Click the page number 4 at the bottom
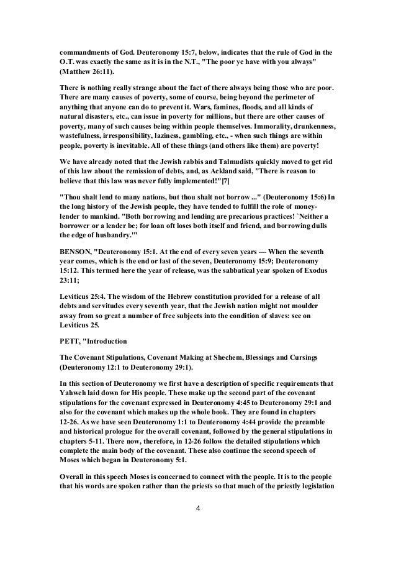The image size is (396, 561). [x=197, y=527]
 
